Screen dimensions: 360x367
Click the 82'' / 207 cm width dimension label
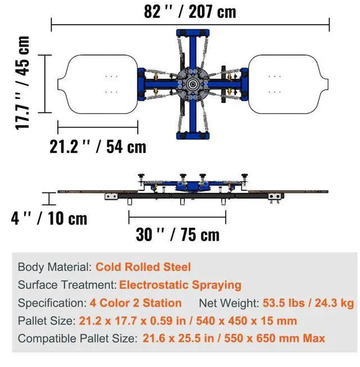190,12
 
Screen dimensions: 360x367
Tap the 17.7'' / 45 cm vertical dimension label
22,83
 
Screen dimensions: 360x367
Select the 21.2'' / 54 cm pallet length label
98,147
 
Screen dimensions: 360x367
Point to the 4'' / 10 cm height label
49,219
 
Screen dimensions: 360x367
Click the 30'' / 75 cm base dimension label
178,234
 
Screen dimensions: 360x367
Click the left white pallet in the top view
98,84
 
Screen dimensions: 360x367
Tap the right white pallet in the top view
288,84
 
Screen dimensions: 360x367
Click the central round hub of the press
192,84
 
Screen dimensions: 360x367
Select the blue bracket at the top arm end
193,33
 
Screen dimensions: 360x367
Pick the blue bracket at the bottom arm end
193,135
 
